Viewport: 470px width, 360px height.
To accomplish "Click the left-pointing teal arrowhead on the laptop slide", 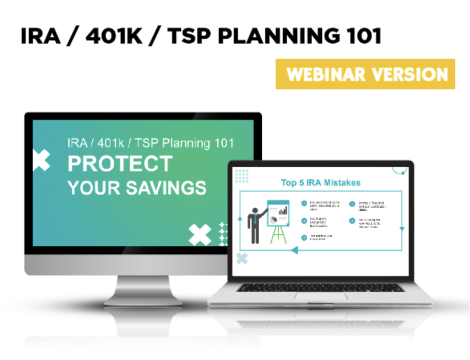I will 295,250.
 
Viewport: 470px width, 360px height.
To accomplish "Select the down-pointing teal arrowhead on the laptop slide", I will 402,229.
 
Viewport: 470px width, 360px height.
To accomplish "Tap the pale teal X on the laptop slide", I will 242,259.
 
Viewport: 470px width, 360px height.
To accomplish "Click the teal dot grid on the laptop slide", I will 242,176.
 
